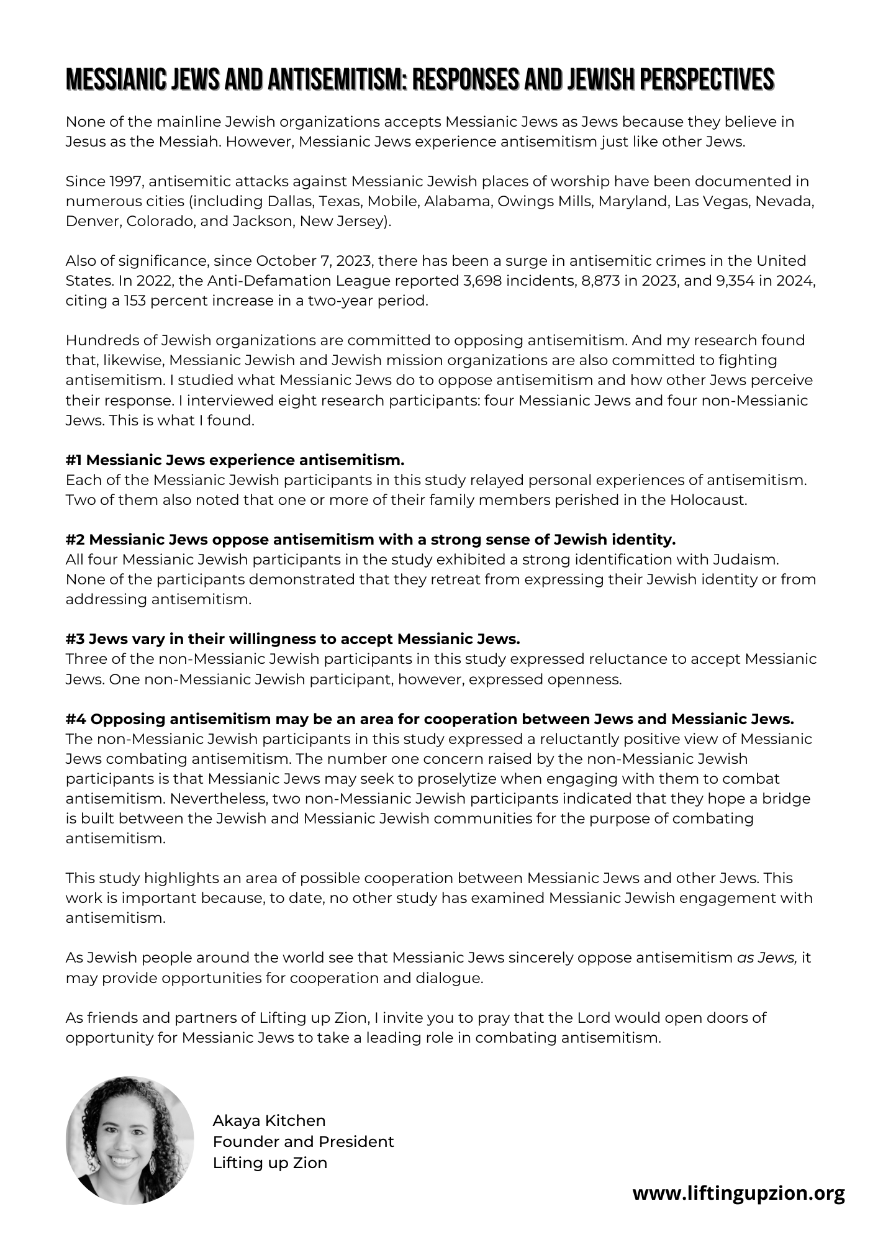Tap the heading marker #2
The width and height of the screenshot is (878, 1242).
pos(75,540)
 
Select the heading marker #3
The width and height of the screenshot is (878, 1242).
pos(75,639)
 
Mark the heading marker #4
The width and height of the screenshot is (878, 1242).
pos(76,719)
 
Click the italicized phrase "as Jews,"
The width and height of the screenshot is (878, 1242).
pos(767,958)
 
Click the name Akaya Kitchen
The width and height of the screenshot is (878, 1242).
pos(269,1120)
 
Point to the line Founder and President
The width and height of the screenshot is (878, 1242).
pos(303,1141)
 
